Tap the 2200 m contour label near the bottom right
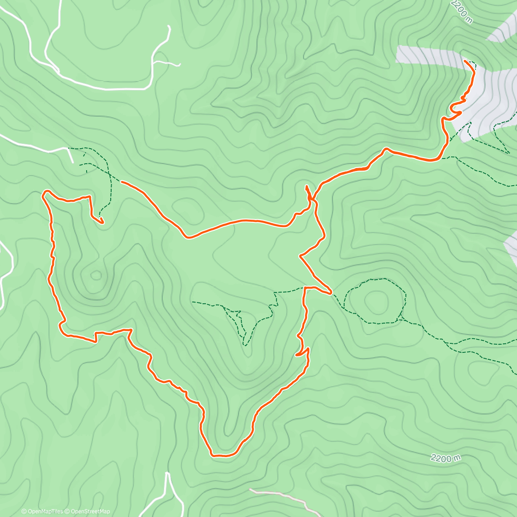(x=445, y=458)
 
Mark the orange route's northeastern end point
(x=465, y=62)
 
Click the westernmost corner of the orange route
(x=43, y=194)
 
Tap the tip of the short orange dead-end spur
(x=306, y=187)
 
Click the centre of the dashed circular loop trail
(x=376, y=300)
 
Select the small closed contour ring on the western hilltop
(x=96, y=275)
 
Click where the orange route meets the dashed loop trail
(x=331, y=293)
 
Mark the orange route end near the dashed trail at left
(x=103, y=223)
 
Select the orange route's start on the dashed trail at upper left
(x=122, y=182)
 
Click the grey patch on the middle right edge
(x=512, y=246)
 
